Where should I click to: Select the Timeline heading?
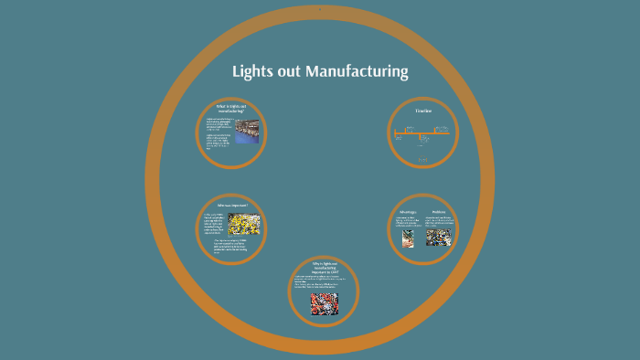click(422, 111)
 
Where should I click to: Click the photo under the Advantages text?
click(408, 237)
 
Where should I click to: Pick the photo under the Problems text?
click(439, 237)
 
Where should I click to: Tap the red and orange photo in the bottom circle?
click(324, 302)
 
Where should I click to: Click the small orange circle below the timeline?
click(423, 161)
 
